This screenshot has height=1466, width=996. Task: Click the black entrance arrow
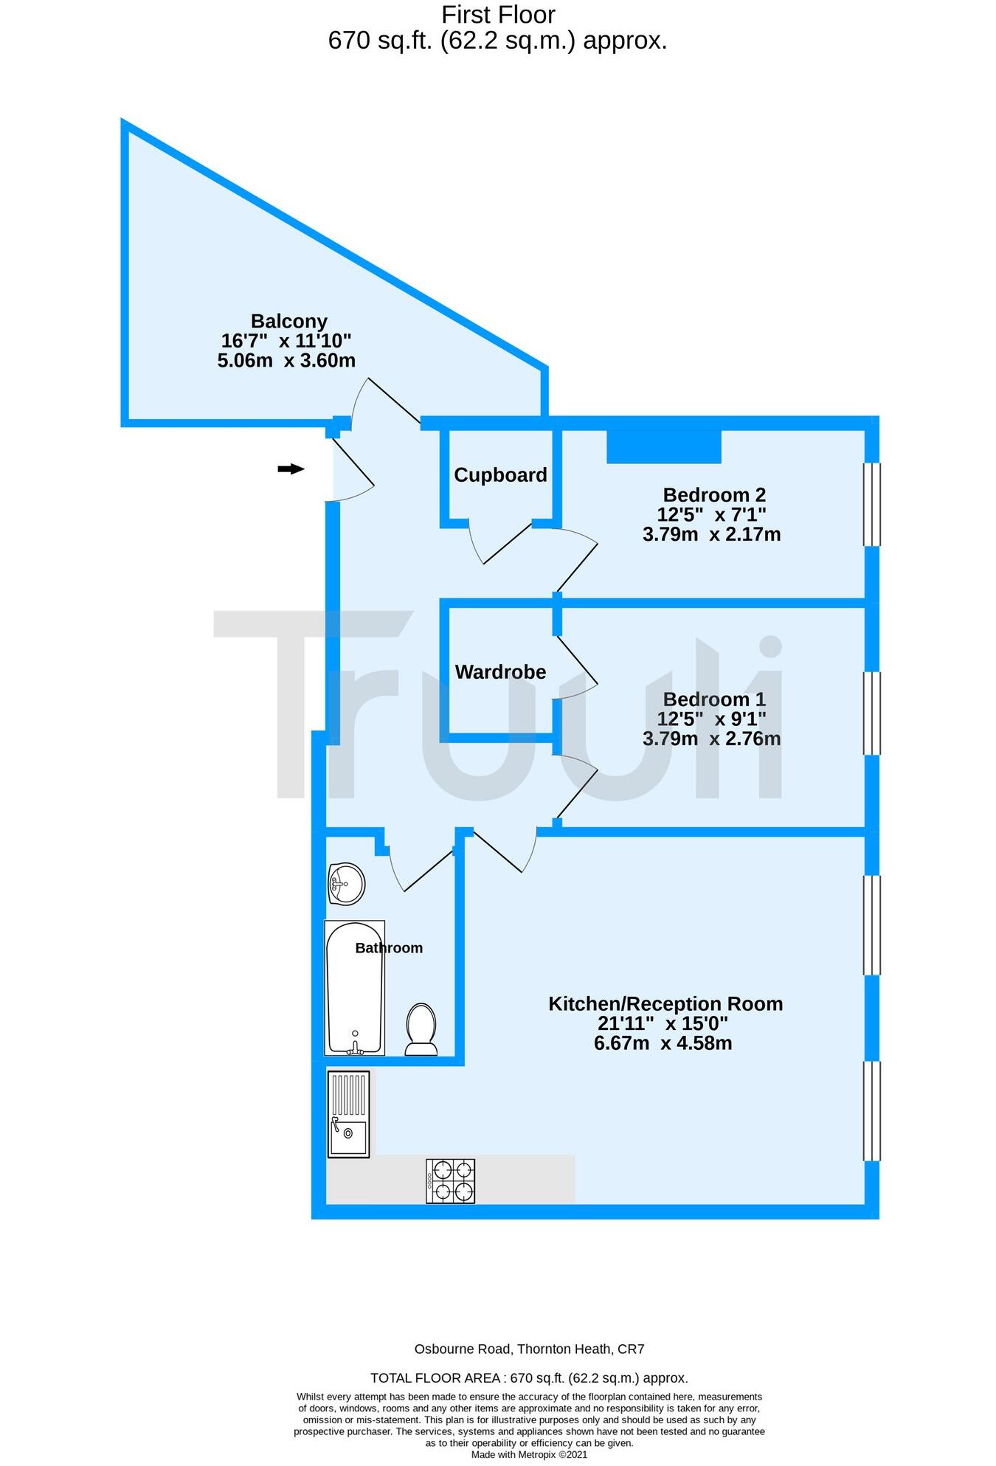coord(291,469)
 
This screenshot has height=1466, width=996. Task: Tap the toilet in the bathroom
coord(421,1028)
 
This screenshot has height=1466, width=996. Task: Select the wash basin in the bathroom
coord(346,883)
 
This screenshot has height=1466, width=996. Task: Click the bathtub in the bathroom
coord(355,988)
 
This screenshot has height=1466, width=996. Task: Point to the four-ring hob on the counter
coord(450,1181)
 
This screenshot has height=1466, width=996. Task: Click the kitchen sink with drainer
coord(349,1114)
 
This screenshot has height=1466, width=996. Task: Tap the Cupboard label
coord(500,475)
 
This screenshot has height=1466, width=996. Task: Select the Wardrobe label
coord(500,672)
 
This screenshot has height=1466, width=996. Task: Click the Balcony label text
coord(288,321)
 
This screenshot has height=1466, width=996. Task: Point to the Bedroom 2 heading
coord(713,494)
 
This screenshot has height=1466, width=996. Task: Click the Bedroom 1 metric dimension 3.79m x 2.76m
coord(711,739)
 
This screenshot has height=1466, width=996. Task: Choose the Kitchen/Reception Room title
coord(665,1003)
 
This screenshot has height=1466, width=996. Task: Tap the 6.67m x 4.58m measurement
coord(663,1043)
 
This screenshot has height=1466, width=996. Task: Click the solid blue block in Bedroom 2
coord(663,447)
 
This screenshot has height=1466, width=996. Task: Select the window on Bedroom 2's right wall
coord(871,504)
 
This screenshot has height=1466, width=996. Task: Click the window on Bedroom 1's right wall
coord(871,713)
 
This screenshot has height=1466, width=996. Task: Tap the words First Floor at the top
coord(498,15)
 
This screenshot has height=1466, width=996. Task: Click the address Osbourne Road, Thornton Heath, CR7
coord(529,1349)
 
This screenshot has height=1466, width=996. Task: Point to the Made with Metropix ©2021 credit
coord(529,1455)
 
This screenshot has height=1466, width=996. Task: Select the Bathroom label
coord(389,948)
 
